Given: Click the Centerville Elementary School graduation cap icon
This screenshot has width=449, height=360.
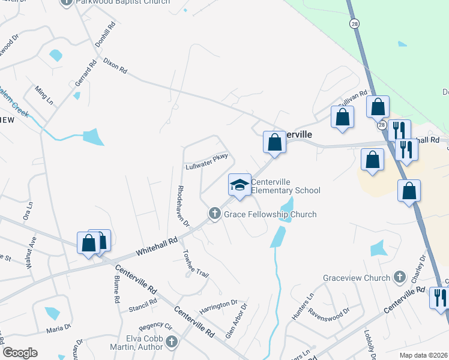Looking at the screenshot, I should click(240, 184).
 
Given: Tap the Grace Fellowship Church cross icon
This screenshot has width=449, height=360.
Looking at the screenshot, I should click(214, 214).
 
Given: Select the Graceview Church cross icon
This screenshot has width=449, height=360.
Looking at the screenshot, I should click(400, 277).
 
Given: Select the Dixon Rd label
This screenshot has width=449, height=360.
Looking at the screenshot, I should click(115, 65).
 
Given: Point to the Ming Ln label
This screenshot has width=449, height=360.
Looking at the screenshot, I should click(44, 95).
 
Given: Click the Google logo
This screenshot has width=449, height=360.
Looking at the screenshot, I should click(20, 353).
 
